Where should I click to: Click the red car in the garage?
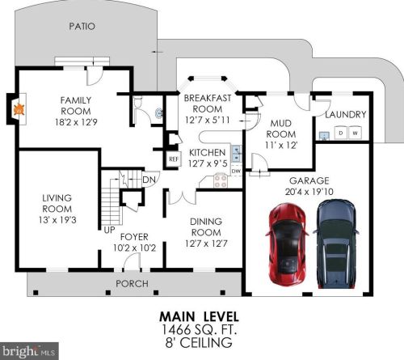click(287, 244)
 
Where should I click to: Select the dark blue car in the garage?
click(336, 244)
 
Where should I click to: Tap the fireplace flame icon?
click(19, 109)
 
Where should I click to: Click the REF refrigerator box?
click(174, 159)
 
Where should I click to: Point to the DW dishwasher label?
click(236, 171)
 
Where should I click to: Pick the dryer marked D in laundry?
click(341, 133)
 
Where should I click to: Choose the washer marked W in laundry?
click(355, 133)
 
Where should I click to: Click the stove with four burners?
click(221, 181)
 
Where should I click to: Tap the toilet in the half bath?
click(138, 103)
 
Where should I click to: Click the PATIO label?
click(82, 27)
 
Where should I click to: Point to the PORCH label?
click(132, 284)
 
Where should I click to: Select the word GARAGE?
click(309, 180)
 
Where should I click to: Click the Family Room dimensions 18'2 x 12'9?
click(76, 122)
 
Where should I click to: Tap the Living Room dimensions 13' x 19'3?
click(57, 220)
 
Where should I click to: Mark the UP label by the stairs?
click(109, 230)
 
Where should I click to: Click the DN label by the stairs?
click(149, 180)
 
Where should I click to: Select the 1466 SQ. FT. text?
click(199, 329)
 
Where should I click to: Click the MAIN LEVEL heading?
click(199, 316)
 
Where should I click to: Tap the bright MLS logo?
click(29, 351)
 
